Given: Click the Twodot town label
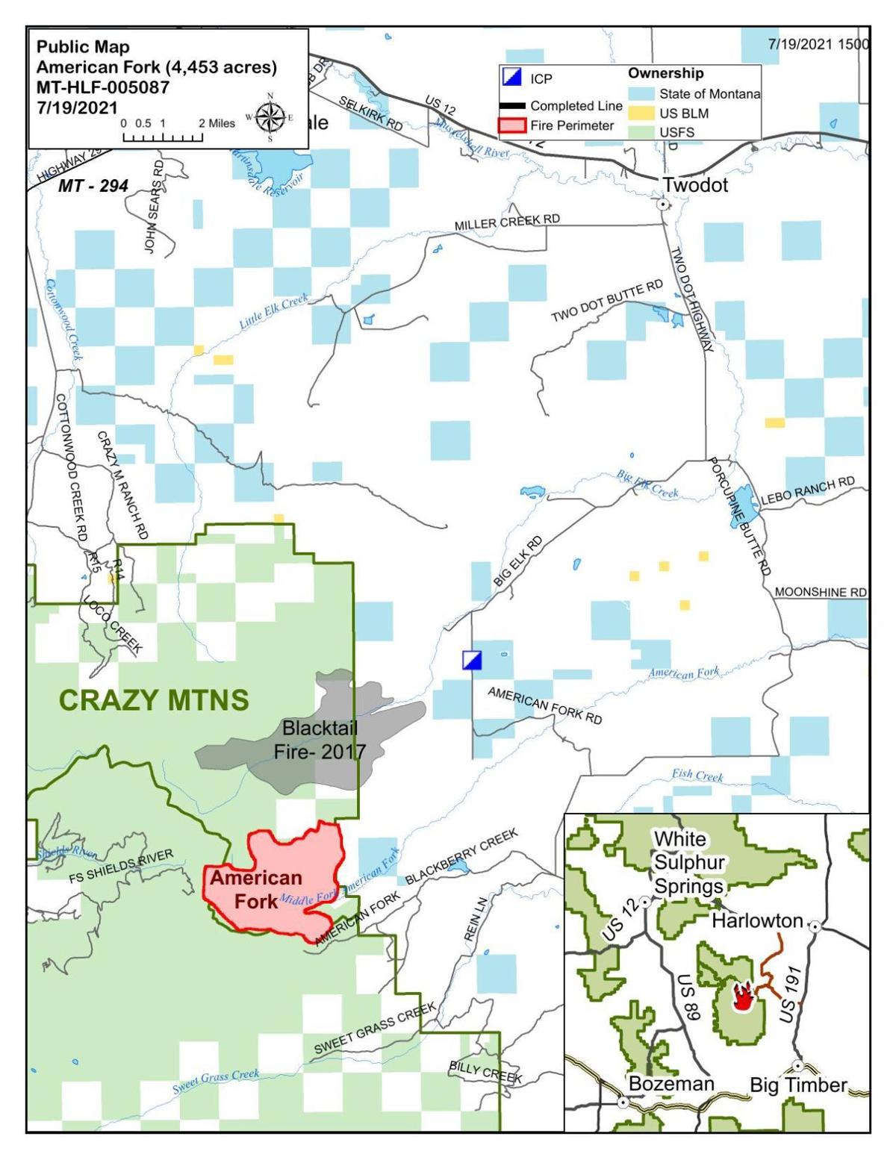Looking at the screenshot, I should pyautogui.click(x=695, y=185).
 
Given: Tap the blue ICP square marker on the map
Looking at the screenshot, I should pyautogui.click(x=472, y=660).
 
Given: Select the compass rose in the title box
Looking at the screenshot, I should pyautogui.click(x=270, y=117).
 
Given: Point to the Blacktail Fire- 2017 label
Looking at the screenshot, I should pyautogui.click(x=320, y=739).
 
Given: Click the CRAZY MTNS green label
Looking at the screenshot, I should pyautogui.click(x=153, y=700).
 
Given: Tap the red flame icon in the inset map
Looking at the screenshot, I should pyautogui.click(x=741, y=997).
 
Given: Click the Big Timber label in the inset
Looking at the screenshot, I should pyautogui.click(x=798, y=1085).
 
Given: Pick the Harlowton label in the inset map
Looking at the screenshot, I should pyautogui.click(x=756, y=920).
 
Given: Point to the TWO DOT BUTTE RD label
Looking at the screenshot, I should pyautogui.click(x=607, y=302).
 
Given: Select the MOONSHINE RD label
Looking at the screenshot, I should pyautogui.click(x=820, y=592).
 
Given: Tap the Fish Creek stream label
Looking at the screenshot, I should pyautogui.click(x=697, y=776).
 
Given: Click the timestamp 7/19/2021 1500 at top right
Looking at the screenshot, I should pyautogui.click(x=818, y=44).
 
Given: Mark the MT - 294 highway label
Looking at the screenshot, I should pyautogui.click(x=93, y=186).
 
